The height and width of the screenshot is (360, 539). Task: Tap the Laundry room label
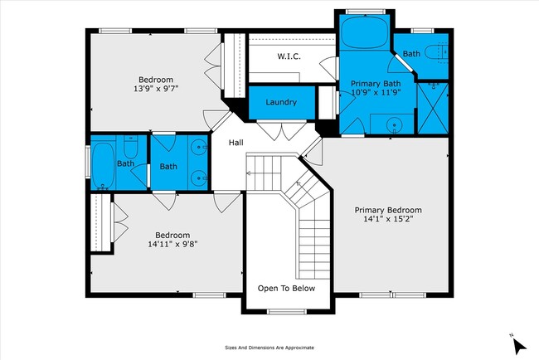(x=281, y=102)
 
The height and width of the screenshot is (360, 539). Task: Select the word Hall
(x=236, y=144)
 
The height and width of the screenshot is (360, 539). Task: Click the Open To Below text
(x=286, y=289)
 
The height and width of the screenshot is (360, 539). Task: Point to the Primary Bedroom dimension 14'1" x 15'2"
(x=388, y=220)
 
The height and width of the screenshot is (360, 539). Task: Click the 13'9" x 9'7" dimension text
(x=156, y=88)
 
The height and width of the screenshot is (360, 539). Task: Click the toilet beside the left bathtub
(x=130, y=150)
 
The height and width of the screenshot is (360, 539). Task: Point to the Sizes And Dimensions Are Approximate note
(x=269, y=348)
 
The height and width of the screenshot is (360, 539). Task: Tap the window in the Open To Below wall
(x=286, y=312)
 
